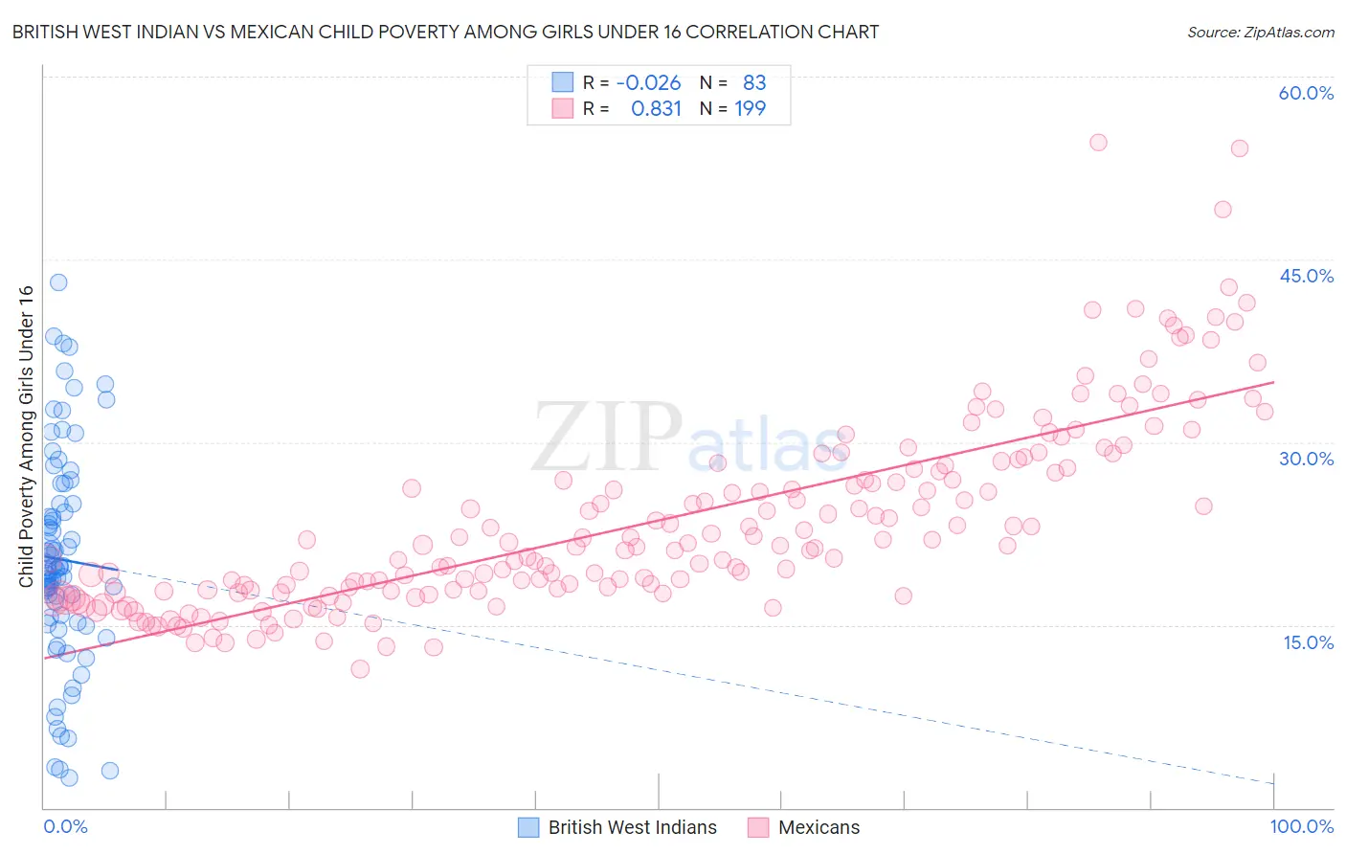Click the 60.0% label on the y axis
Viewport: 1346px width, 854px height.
[x=1306, y=93]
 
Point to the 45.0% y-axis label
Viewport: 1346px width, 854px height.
[x=1306, y=276]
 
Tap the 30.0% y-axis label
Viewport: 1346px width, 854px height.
[x=1306, y=459]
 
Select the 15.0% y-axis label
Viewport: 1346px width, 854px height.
[x=1308, y=642]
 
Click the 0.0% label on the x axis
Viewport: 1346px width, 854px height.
[x=65, y=826]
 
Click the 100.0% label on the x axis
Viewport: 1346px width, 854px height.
[x=1301, y=826]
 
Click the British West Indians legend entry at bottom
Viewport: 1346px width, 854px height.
[x=632, y=827]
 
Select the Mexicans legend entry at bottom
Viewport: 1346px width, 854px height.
[x=819, y=827]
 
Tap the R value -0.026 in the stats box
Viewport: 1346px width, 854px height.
[x=648, y=82]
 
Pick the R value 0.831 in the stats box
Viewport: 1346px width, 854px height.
[x=656, y=108]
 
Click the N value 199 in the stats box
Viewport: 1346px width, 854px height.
[x=750, y=108]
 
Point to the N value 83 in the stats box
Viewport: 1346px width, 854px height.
[x=754, y=82]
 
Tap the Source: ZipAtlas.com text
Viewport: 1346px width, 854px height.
[x=1260, y=32]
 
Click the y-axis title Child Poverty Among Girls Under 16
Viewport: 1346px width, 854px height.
[x=26, y=437]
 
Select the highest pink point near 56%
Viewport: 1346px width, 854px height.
[x=1098, y=143]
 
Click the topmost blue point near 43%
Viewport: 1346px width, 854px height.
[x=58, y=282]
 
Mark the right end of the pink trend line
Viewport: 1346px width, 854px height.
[x=1273, y=382]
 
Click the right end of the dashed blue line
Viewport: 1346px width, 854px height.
[x=1273, y=783]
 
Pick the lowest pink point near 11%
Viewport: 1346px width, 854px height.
[x=360, y=669]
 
